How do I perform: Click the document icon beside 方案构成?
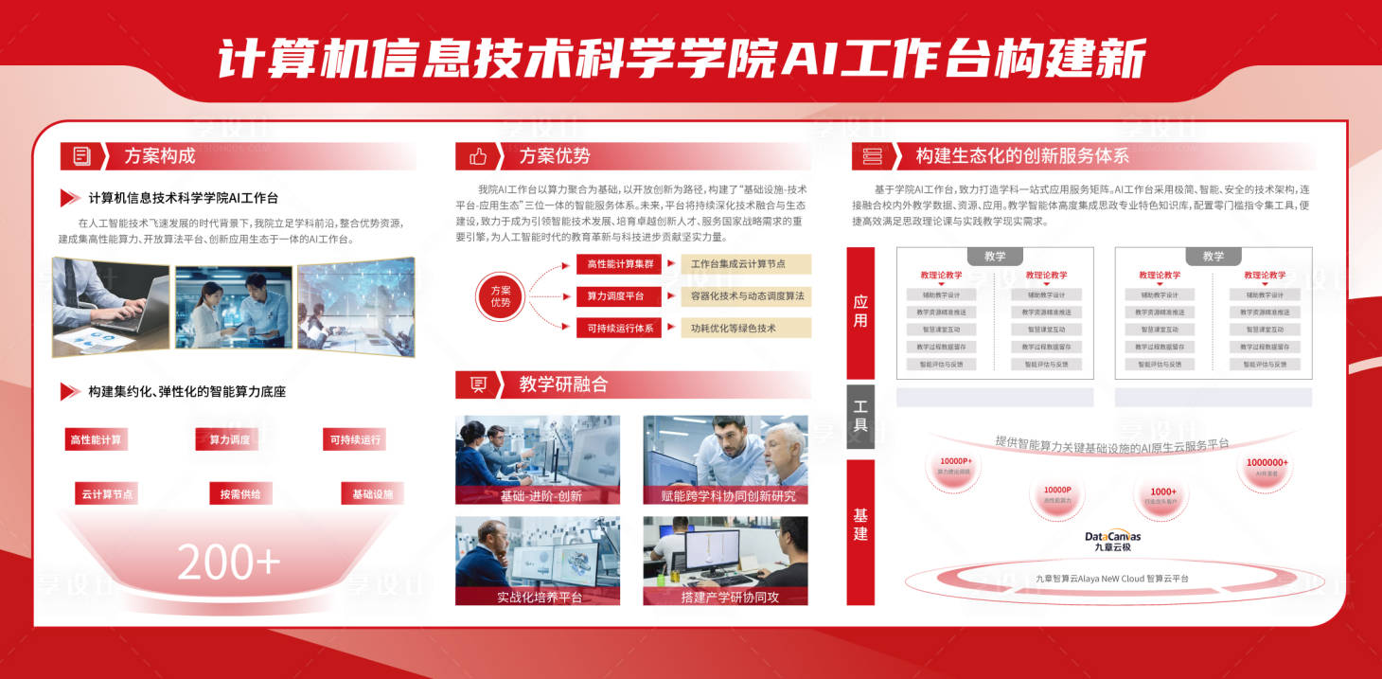[82, 156]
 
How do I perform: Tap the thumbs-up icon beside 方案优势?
[478, 156]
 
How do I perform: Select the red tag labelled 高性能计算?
[96, 439]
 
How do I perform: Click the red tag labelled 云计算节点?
[107, 494]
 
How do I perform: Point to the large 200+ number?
[229, 562]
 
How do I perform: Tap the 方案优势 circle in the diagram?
[501, 296]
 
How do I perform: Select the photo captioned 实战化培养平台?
[538, 561]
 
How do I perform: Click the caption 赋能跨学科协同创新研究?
[725, 495]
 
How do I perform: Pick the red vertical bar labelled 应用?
[860, 313]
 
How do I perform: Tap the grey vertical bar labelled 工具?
[860, 416]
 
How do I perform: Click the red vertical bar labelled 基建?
[860, 531]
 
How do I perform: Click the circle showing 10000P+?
[954, 467]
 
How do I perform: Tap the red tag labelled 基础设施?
[372, 494]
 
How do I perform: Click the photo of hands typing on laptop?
[111, 308]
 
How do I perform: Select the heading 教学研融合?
[563, 384]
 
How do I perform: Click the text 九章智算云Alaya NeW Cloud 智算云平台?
[1112, 578]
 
